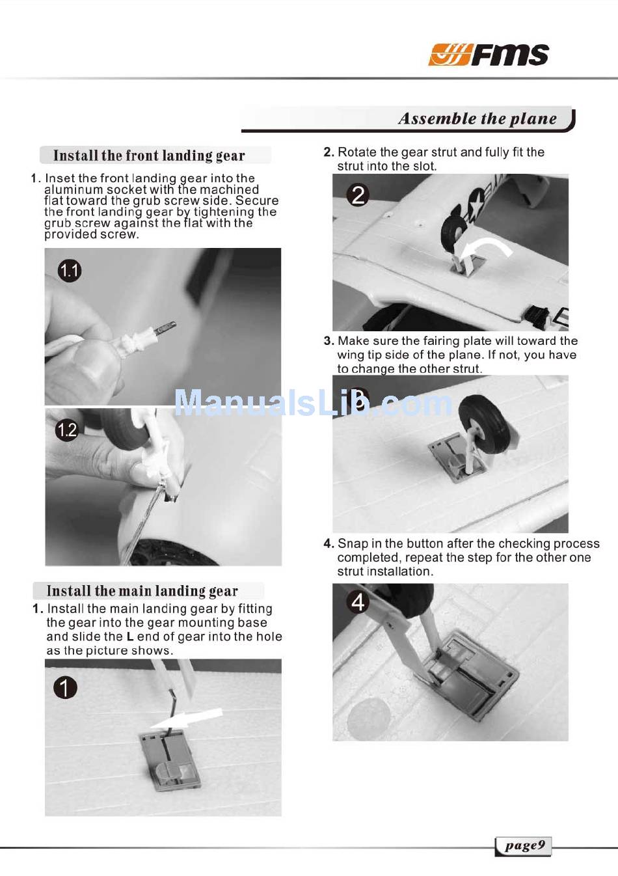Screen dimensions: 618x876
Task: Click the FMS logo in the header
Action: (489, 55)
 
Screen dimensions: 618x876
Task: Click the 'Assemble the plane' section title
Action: (477, 118)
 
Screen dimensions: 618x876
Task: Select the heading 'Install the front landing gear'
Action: (149, 156)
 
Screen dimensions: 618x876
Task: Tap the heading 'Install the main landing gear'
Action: (142, 591)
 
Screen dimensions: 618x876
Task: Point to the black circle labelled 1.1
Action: (69, 271)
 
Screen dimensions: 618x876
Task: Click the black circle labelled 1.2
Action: (67, 430)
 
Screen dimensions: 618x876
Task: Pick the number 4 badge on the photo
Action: (358, 603)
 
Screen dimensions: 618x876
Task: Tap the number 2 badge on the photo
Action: (358, 195)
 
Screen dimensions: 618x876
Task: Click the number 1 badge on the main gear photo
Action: (65, 688)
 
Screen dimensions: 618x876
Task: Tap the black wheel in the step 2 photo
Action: (454, 236)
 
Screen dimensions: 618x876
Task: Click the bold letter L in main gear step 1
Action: (130, 636)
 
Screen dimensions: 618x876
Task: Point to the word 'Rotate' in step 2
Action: (356, 152)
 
